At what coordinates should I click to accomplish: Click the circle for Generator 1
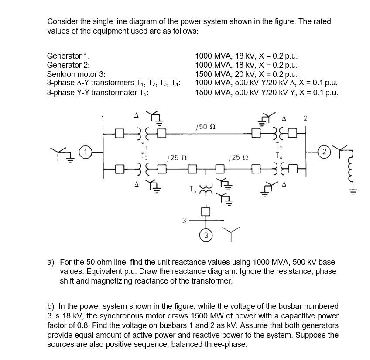(86, 152)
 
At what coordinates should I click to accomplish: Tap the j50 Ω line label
(206, 127)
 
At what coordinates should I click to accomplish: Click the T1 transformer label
(143, 146)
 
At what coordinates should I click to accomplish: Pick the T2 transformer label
(279, 146)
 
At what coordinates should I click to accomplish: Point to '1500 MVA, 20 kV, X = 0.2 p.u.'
(247, 74)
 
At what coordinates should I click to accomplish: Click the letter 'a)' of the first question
(51, 262)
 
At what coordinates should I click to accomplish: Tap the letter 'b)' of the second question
(51, 307)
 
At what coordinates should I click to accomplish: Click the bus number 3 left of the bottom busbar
(184, 221)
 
